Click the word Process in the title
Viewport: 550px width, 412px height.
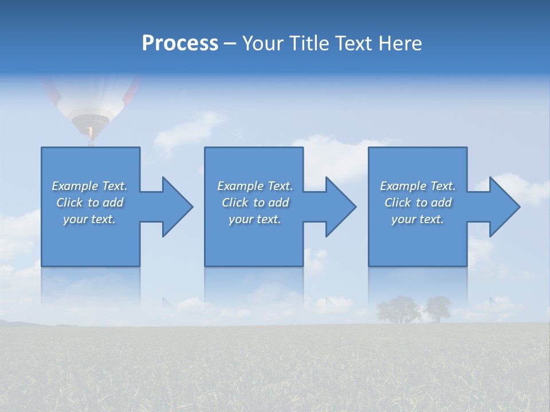click(x=180, y=43)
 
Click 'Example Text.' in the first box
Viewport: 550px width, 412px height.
click(x=89, y=186)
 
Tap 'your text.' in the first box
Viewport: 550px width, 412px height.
click(x=89, y=219)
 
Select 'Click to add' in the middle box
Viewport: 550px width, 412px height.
click(x=255, y=203)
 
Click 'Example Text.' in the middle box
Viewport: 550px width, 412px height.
click(x=255, y=186)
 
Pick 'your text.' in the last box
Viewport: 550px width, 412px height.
click(x=418, y=219)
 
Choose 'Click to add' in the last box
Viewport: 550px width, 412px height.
click(x=418, y=203)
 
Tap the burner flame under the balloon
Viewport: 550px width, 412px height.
click(x=90, y=133)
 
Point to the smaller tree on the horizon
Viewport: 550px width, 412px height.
click(x=439, y=308)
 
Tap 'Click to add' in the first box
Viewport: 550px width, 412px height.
click(x=89, y=203)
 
